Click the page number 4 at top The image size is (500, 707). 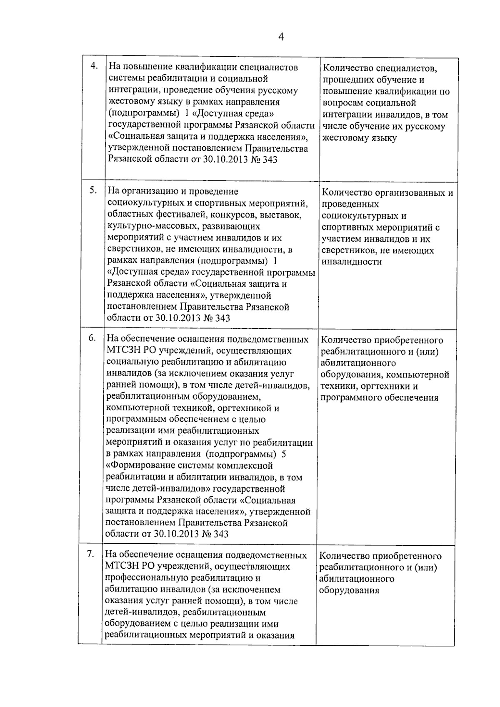(x=281, y=37)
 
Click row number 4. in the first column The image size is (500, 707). (x=94, y=66)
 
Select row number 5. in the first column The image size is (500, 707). (x=94, y=190)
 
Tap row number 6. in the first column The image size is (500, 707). (x=92, y=338)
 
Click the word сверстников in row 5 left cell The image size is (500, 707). (x=130, y=250)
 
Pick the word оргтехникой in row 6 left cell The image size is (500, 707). (x=242, y=408)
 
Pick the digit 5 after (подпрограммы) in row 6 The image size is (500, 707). (x=284, y=454)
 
